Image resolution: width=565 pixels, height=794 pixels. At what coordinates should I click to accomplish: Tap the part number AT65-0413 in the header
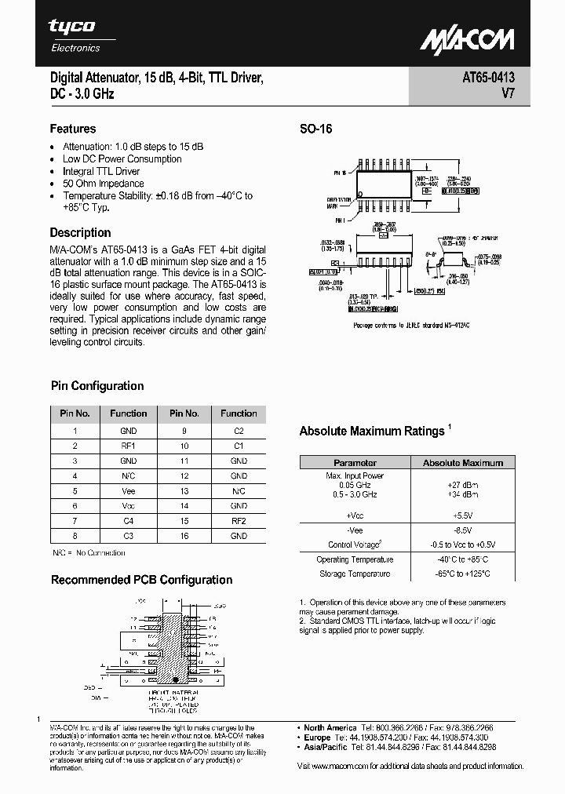click(484, 78)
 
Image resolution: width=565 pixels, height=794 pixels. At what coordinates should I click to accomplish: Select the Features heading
click(73, 129)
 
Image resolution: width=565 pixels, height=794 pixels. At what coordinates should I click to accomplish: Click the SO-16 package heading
click(316, 129)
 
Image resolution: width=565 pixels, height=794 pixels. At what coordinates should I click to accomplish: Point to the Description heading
click(80, 232)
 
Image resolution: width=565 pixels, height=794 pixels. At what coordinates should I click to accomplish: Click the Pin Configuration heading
click(97, 385)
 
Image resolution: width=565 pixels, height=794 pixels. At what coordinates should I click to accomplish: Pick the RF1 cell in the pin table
click(129, 446)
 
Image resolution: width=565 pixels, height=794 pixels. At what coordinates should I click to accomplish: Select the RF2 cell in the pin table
click(239, 521)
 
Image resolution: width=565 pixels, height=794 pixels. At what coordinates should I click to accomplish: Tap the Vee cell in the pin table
click(129, 491)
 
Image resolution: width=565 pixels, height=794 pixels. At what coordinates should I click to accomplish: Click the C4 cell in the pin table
click(129, 521)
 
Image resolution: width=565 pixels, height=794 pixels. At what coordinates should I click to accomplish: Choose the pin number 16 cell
click(184, 536)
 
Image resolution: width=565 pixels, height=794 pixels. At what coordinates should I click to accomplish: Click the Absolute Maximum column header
click(463, 463)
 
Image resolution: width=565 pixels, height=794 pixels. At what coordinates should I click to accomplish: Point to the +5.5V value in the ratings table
click(463, 515)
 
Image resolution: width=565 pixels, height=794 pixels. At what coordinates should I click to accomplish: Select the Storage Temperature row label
click(355, 574)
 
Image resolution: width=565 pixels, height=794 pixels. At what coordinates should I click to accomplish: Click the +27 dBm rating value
click(463, 485)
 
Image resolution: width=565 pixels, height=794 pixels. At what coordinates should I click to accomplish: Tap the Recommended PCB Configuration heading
click(141, 580)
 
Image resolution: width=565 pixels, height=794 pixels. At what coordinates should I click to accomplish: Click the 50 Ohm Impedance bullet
click(103, 184)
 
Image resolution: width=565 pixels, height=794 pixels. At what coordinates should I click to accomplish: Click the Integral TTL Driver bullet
click(101, 171)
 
